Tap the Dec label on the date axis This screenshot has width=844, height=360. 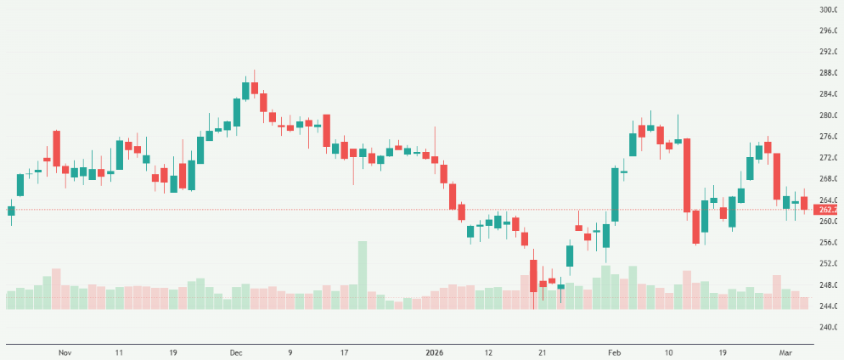(235, 352)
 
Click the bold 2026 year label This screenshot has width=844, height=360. (432, 352)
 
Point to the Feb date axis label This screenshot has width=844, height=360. (615, 352)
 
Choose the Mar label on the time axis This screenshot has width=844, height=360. (786, 352)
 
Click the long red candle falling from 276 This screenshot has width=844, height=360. (686, 175)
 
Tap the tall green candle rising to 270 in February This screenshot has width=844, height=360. (614, 194)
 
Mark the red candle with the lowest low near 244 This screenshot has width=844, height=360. (533, 276)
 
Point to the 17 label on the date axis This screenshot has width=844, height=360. (344, 352)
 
